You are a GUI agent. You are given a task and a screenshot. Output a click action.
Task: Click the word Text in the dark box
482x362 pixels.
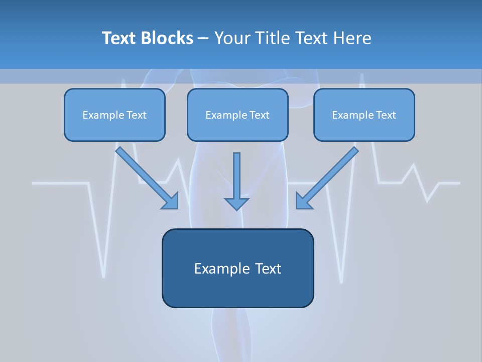pos(268,268)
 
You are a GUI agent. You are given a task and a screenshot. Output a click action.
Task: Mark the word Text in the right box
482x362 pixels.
pos(386,115)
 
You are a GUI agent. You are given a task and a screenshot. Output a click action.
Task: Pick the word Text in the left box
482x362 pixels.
pos(137,115)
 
